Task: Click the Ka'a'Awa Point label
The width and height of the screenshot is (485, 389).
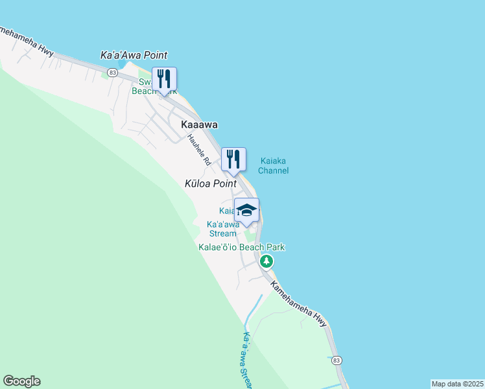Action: pyautogui.click(x=134, y=56)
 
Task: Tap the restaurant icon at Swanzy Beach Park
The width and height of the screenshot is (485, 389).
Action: pyautogui.click(x=164, y=79)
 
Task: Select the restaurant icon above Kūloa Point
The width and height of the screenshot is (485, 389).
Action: pyautogui.click(x=233, y=159)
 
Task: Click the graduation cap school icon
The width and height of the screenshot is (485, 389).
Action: pyautogui.click(x=246, y=209)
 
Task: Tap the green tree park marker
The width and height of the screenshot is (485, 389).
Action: pyautogui.click(x=266, y=261)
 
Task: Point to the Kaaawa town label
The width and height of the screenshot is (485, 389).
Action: pyautogui.click(x=199, y=124)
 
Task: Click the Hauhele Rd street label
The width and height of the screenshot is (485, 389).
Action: pyautogui.click(x=198, y=149)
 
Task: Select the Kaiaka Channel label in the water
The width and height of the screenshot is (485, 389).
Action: pyautogui.click(x=273, y=166)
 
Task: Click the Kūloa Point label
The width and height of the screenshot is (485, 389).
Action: pyautogui.click(x=211, y=184)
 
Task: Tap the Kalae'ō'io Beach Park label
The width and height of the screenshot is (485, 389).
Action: pyautogui.click(x=241, y=247)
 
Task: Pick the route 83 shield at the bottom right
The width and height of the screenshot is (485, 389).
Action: pyautogui.click(x=336, y=360)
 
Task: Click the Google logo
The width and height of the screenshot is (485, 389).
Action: pyautogui.click(x=21, y=381)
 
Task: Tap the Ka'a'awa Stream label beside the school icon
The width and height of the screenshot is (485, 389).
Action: pyautogui.click(x=222, y=229)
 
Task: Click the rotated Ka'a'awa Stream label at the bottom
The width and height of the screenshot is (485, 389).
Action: pyautogui.click(x=246, y=360)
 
